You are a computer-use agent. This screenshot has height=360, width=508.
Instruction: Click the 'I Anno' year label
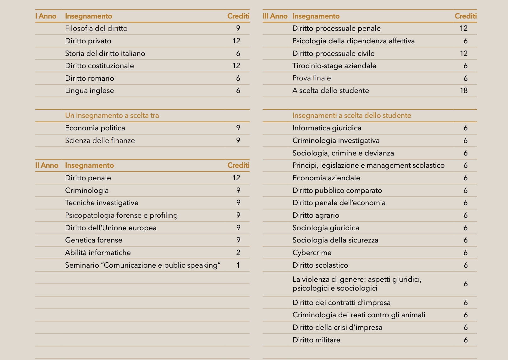(46, 16)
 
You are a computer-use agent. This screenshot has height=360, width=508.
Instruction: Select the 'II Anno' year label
(47, 165)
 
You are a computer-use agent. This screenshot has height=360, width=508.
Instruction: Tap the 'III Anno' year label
(275, 16)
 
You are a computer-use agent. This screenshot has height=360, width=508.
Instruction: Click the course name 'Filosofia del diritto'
(96, 28)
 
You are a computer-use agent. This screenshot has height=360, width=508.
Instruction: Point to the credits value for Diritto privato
(236, 41)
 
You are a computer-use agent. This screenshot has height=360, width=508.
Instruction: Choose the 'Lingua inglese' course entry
(89, 90)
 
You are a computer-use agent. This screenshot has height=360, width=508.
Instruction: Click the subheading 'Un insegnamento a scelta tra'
(112, 115)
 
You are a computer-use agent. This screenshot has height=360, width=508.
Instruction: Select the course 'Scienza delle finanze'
(100, 140)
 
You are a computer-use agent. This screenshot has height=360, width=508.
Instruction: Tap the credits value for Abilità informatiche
(238, 253)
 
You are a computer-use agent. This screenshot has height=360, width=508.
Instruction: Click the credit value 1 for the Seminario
(238, 265)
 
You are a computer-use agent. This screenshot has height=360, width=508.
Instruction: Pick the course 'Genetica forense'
(93, 240)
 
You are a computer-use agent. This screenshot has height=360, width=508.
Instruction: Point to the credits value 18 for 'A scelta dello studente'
(463, 90)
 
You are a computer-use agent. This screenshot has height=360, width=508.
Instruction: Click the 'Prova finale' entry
(311, 78)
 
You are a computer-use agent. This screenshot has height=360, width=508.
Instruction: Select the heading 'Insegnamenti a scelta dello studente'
(351, 115)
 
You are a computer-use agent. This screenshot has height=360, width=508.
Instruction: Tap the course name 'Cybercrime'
(312, 253)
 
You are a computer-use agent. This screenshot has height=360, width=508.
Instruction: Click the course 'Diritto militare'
(316, 340)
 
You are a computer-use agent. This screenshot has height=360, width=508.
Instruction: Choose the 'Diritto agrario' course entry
(316, 215)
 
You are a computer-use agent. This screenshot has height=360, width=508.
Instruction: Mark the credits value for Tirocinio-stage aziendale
(465, 66)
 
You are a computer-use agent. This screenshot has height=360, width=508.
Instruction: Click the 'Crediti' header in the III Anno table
(465, 16)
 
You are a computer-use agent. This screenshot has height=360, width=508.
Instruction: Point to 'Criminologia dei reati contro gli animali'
(358, 315)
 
